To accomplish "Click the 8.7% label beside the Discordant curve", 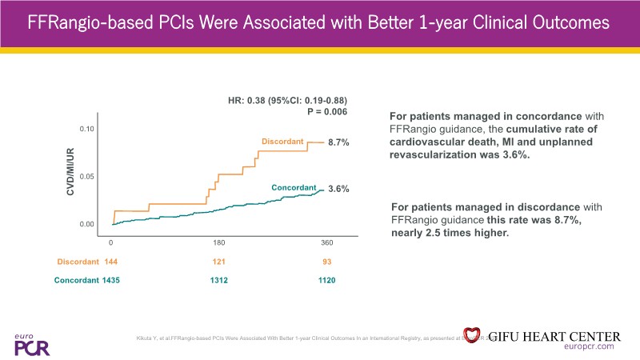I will point(340,142).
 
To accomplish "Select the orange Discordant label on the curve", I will point(282,142).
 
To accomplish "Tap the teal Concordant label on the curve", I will point(294,187).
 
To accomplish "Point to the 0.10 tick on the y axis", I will point(87,129).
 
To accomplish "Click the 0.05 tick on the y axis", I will point(87,176).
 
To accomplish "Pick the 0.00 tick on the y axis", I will point(87,224).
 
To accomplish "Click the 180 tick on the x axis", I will point(218,242).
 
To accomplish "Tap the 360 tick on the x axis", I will point(326,242).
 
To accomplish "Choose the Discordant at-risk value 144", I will point(111,262).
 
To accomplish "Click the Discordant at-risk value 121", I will point(218,262).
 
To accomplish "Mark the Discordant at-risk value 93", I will point(326,262).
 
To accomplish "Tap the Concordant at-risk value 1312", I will point(218,280).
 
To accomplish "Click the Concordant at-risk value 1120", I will point(326,280).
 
